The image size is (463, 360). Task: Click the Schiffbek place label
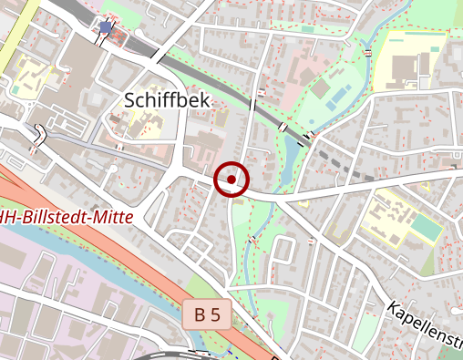click(167, 99)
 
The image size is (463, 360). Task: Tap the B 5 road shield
click(207, 315)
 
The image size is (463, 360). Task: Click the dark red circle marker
click(231, 180)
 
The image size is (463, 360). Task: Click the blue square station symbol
click(106, 27)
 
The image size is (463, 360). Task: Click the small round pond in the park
click(320, 87)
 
